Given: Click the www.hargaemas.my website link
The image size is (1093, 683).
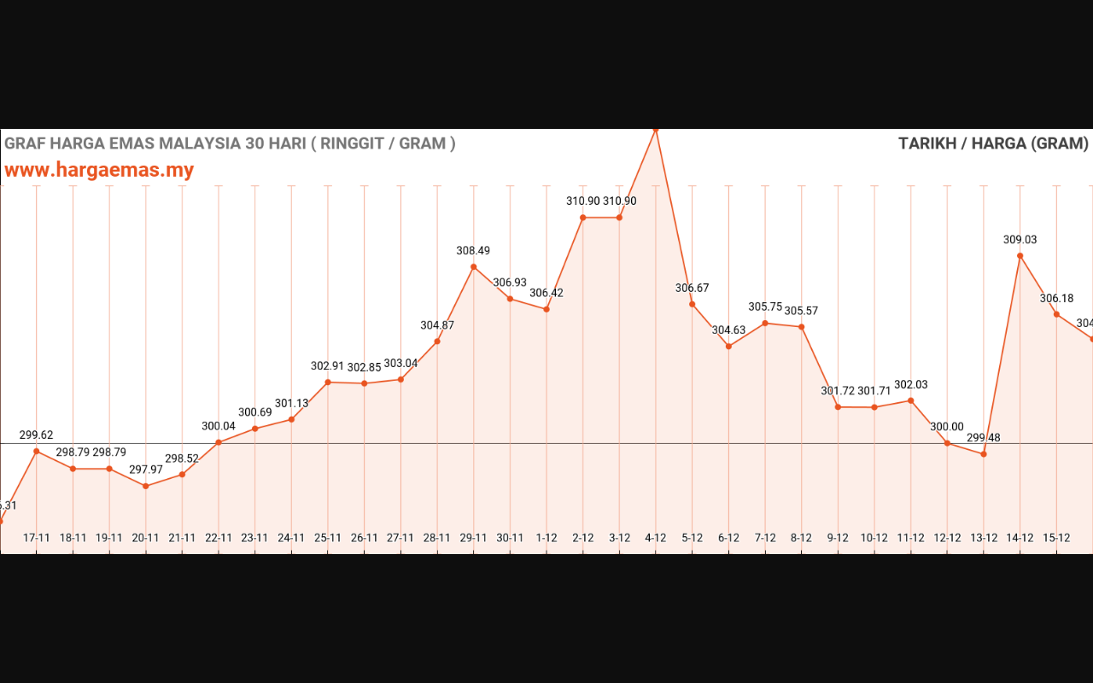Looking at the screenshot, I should (x=99, y=170).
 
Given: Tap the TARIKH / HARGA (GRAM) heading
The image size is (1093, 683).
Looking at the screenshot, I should (x=993, y=143).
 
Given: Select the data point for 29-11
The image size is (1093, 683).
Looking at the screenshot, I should (x=474, y=267).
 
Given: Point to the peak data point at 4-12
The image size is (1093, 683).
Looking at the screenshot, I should (x=656, y=130).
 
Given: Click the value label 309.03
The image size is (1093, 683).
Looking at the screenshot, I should (x=1020, y=240).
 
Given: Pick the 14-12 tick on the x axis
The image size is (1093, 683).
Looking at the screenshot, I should (x=1020, y=538).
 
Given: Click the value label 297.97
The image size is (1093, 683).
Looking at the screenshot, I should (x=145, y=470).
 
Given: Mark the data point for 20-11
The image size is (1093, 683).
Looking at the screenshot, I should (x=146, y=486).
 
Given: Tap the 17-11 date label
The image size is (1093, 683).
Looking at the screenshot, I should (x=36, y=538).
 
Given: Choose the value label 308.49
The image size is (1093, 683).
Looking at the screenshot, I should (x=473, y=251).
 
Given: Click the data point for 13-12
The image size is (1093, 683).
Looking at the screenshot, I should (x=984, y=454).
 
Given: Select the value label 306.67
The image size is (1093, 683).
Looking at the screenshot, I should (x=692, y=289).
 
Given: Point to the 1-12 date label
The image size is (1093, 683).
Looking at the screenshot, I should (x=546, y=538).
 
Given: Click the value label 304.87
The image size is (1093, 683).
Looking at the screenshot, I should (x=437, y=325).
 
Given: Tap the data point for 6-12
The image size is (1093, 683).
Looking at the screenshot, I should (x=728, y=347).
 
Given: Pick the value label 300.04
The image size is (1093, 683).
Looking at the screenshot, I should (x=219, y=426).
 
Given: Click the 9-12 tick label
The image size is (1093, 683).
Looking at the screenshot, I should (x=838, y=538).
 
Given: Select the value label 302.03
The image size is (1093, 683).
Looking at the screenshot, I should (x=910, y=385).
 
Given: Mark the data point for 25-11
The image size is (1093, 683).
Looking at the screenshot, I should (x=328, y=382).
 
